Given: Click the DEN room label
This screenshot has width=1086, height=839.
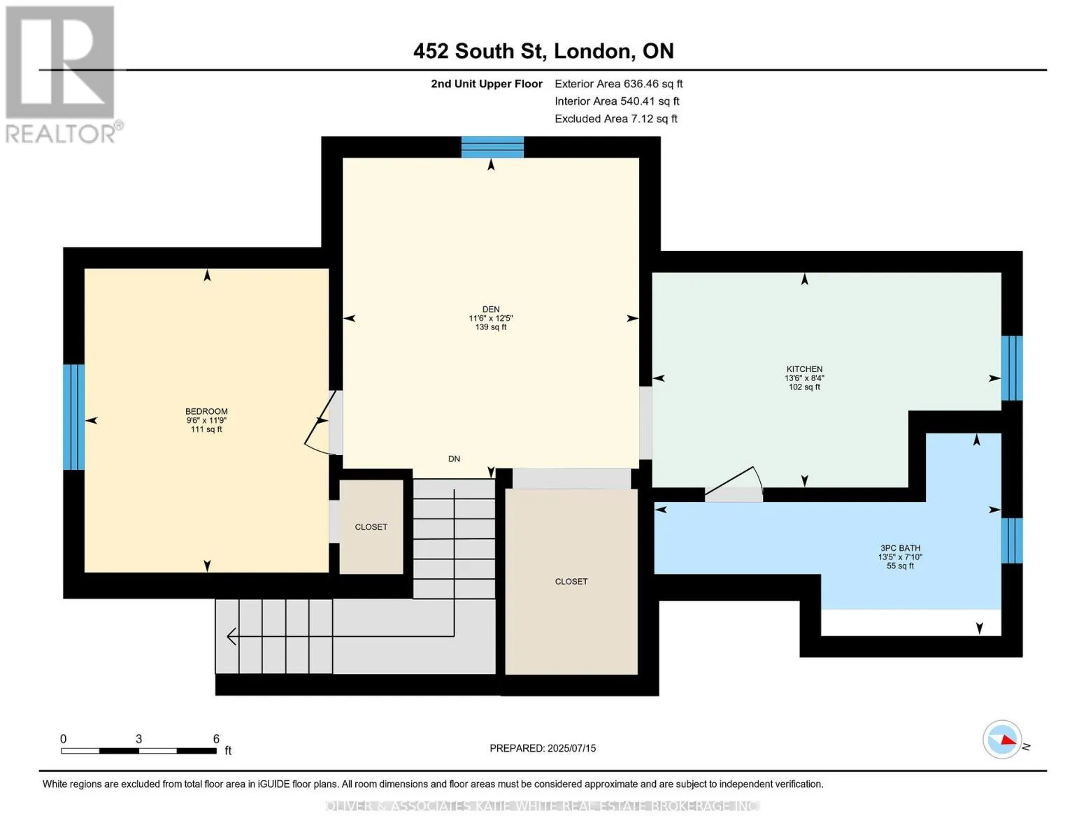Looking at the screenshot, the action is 491,309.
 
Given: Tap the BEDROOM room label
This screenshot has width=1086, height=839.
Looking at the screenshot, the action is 206,411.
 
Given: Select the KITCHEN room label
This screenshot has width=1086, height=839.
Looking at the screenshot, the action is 804,369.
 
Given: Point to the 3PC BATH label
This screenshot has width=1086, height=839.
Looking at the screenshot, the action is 900,548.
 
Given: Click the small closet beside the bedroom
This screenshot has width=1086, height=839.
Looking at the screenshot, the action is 371,526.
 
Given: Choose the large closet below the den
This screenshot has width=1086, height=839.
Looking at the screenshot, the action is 571,582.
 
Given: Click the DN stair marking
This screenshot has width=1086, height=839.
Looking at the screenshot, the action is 454,459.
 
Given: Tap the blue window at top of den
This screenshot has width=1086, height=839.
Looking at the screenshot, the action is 492,147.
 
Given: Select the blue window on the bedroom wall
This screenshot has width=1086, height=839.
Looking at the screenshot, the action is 74,417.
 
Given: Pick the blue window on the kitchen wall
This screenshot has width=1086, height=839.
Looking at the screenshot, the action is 1012,368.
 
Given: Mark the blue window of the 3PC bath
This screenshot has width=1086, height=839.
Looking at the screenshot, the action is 1012,540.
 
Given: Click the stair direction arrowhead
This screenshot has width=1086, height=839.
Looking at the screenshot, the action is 231,637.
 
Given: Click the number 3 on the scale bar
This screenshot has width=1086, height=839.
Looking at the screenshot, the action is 139,738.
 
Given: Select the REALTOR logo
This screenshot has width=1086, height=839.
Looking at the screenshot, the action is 64,74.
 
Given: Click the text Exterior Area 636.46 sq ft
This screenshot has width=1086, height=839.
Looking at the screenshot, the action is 618,84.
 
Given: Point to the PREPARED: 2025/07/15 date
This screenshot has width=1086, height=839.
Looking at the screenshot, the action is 543,748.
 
